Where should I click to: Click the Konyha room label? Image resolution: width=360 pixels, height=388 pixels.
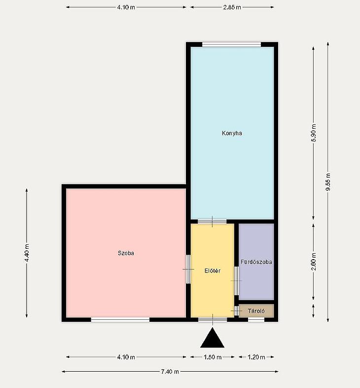[x=232, y=133]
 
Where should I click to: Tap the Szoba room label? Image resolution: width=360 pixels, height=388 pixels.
[x=126, y=253]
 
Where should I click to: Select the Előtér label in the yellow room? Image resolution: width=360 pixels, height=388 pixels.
[x=213, y=271]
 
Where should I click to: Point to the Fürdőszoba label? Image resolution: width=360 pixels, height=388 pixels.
[x=256, y=262]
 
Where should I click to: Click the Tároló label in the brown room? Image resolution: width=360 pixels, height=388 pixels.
[x=256, y=311]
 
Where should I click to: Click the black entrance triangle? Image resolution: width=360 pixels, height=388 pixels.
[x=213, y=338]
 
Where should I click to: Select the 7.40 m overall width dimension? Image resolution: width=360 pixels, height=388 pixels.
[x=170, y=371]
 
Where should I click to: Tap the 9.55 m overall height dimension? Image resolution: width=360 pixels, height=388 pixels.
[x=328, y=182]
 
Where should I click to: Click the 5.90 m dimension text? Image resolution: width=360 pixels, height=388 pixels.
[x=314, y=133]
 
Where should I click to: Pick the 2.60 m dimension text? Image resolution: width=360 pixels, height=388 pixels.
[x=314, y=262]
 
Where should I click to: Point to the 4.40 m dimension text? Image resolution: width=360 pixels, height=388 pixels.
[x=27, y=253]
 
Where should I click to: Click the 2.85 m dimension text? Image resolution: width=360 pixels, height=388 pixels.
[x=232, y=7]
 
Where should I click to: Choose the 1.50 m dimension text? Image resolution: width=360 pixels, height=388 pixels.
[x=213, y=357]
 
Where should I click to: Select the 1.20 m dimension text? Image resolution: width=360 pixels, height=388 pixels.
[x=256, y=357]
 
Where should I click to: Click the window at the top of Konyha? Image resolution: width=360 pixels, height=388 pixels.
[x=231, y=44]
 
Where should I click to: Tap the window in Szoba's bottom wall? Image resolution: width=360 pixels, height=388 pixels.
[x=120, y=320]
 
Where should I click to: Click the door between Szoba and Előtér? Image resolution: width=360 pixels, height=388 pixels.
[x=188, y=269]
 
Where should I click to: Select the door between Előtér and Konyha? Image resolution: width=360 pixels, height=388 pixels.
[x=212, y=222]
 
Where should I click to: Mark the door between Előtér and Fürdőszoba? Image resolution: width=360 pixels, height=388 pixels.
[x=236, y=280]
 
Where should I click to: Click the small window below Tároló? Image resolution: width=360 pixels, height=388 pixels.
[x=256, y=320]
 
